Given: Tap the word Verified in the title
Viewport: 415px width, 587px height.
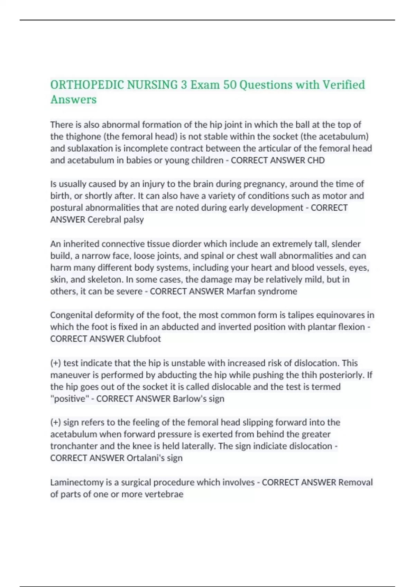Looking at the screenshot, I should click(x=343, y=85).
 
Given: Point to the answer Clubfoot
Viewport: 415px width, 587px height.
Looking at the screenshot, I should click(x=144, y=339).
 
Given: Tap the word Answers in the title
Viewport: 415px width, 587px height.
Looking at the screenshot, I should click(x=73, y=99).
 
